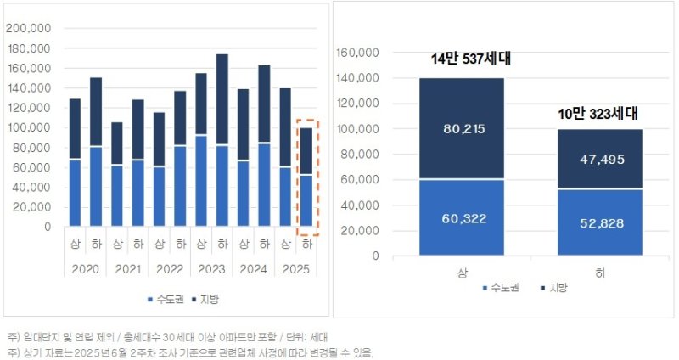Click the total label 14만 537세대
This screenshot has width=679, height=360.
472,59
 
